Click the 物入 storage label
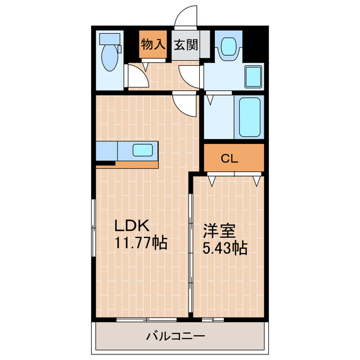point(153,44)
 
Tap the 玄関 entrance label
point(186,45)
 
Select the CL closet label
point(229,158)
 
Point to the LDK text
point(132,226)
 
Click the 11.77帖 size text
point(141,242)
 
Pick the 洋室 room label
point(219,231)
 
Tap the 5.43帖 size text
point(224,248)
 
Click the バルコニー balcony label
point(175,336)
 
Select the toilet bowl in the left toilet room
point(110,57)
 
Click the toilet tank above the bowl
point(110,39)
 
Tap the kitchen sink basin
point(143,150)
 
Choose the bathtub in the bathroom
point(250,117)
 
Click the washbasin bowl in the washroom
point(229,47)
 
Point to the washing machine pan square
point(253,77)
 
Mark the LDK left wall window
point(93,228)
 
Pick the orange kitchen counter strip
point(136,165)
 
